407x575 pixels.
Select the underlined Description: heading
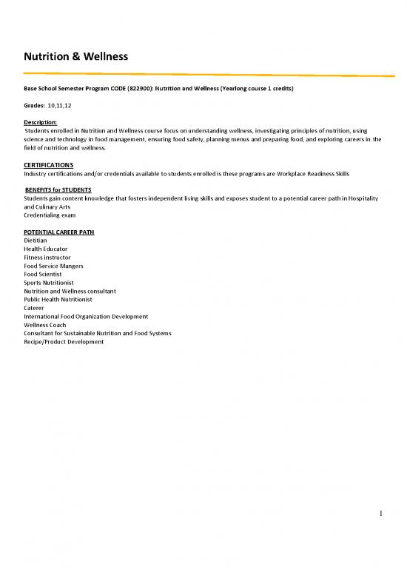click(41, 121)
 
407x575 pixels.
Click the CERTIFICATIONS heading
click(49, 164)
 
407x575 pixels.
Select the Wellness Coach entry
click(46, 324)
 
